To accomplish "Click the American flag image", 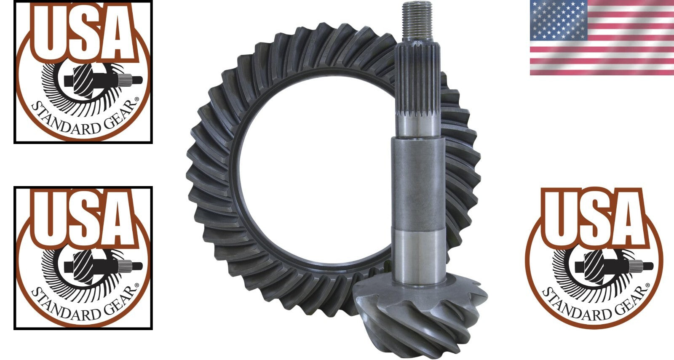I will pyautogui.click(x=602, y=38).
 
